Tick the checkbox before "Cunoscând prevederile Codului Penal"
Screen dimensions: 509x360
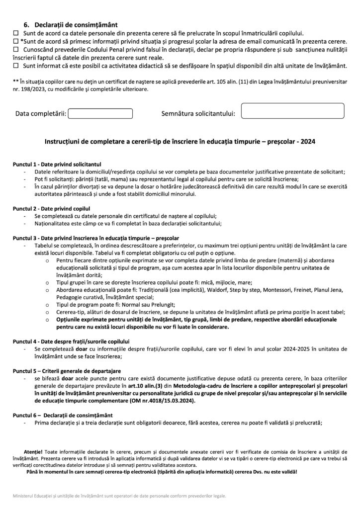(x=15, y=49)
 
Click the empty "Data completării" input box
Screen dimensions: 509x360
(x=100, y=114)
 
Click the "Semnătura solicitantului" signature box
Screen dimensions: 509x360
(x=292, y=111)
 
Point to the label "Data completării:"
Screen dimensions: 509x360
(x=41, y=114)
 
